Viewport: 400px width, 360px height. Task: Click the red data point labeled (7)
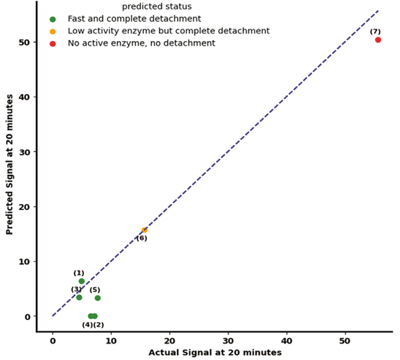tap(378, 40)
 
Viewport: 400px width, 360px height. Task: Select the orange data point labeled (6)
tap(145, 230)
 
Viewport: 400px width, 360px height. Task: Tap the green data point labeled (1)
tap(81, 281)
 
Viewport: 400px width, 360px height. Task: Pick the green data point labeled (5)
tap(98, 298)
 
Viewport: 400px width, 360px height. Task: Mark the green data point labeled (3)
tap(79, 297)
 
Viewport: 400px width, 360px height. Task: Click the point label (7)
tap(375, 31)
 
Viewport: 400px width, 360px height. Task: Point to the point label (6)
tap(142, 238)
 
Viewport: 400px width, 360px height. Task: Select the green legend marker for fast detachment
tap(53, 19)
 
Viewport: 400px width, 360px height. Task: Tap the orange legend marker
tap(53, 31)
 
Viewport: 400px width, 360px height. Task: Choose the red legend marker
tap(53, 44)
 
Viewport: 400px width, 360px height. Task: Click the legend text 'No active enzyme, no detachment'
tap(141, 44)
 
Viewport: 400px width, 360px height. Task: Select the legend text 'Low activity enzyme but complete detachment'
tap(168, 31)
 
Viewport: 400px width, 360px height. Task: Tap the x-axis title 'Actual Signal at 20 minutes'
tap(214, 353)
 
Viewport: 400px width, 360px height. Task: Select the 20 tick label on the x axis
tap(170, 341)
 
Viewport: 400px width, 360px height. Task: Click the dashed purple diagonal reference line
tap(248, 132)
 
